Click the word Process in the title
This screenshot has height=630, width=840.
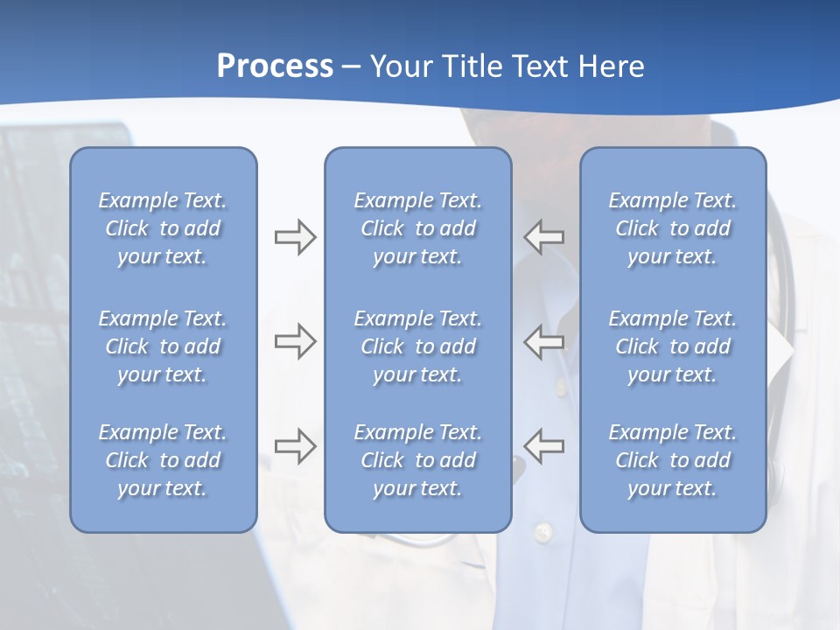tap(275, 66)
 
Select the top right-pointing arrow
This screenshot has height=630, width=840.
tap(295, 237)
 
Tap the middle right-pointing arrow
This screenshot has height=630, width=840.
tap(295, 341)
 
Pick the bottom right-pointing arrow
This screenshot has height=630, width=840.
tap(295, 445)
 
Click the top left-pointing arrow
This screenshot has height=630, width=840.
tap(544, 237)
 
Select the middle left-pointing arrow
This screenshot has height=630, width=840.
tap(544, 341)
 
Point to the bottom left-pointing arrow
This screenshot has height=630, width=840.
tap(544, 445)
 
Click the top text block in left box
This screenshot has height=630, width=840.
tap(163, 228)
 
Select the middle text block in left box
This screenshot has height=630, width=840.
tap(163, 346)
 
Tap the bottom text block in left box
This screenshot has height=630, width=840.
tap(163, 460)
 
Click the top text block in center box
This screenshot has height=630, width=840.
tap(417, 228)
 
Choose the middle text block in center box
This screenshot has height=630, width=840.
tap(417, 346)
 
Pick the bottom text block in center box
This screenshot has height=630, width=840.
tap(417, 460)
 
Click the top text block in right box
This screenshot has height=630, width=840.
tap(672, 228)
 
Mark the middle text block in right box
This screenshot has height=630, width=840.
tap(672, 346)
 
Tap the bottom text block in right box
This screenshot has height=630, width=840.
tap(672, 460)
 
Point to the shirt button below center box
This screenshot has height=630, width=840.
tap(543, 531)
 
